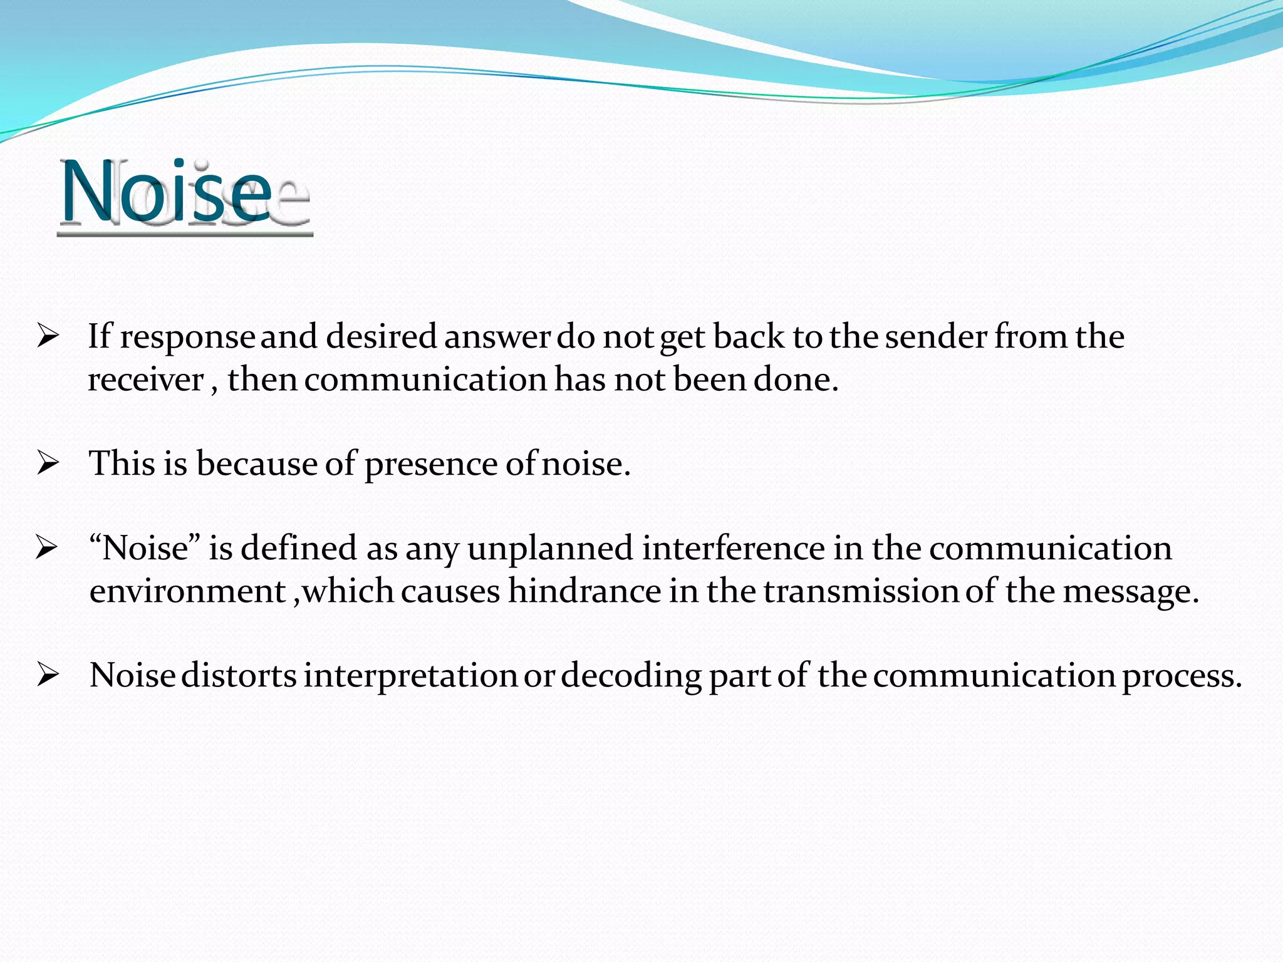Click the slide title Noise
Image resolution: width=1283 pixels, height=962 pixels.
tap(167, 193)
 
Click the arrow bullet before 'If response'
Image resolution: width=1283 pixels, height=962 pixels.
tap(48, 337)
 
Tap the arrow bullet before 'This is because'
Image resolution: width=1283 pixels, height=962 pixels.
tap(48, 464)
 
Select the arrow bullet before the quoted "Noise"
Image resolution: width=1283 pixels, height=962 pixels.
tap(47, 548)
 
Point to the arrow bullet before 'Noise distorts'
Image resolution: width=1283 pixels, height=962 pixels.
tap(48, 676)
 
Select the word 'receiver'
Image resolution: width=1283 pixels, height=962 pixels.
tap(145, 380)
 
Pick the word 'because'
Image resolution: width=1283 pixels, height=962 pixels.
tap(257, 464)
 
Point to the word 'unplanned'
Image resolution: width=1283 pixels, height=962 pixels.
tap(550, 549)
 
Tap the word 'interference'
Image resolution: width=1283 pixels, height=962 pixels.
tap(733, 548)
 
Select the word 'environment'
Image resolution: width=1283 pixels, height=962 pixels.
tap(187, 591)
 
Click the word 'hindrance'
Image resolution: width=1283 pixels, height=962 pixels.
tap(584, 591)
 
